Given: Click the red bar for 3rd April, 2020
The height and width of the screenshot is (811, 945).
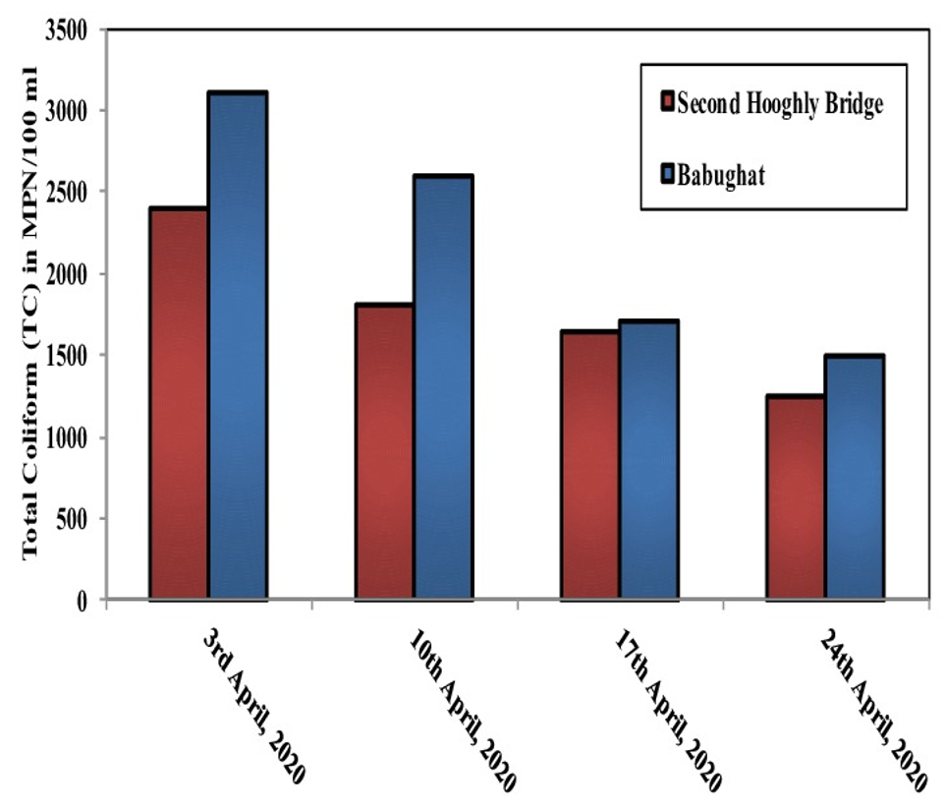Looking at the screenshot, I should pyautogui.click(x=178, y=403).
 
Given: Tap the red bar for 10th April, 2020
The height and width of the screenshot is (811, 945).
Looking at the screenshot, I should pyautogui.click(x=384, y=451).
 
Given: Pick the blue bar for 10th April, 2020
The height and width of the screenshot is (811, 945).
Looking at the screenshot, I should pyautogui.click(x=444, y=387).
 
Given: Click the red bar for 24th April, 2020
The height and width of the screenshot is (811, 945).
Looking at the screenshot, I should pyautogui.click(x=796, y=497).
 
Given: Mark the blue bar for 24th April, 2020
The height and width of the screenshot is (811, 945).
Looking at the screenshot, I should pyautogui.click(x=855, y=477).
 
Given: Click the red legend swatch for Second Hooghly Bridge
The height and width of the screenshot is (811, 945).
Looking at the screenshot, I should pyautogui.click(x=668, y=102).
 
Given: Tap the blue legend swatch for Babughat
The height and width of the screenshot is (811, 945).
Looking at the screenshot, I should pyautogui.click(x=668, y=176).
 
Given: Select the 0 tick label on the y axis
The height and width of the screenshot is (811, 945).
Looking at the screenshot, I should pyautogui.click(x=84, y=600).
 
